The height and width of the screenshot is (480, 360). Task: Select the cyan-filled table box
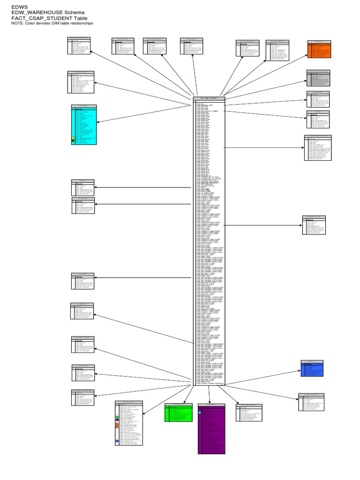click(x=84, y=124)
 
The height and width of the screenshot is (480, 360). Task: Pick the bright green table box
click(x=179, y=413)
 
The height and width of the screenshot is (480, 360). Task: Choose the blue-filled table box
click(x=312, y=368)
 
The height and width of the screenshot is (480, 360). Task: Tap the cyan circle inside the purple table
click(x=200, y=412)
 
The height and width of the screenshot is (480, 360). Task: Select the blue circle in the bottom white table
click(x=117, y=442)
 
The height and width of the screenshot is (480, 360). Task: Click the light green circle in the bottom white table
click(x=117, y=417)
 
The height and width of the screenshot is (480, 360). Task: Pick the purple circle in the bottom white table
click(x=117, y=420)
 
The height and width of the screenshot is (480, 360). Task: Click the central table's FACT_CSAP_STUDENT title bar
click(x=209, y=98)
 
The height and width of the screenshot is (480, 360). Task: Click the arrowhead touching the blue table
click(x=301, y=369)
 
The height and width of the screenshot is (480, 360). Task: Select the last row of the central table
click(x=209, y=384)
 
